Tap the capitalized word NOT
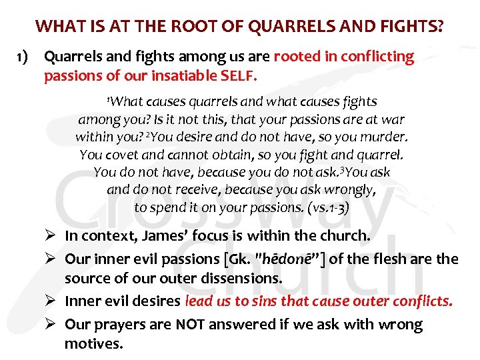191,325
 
